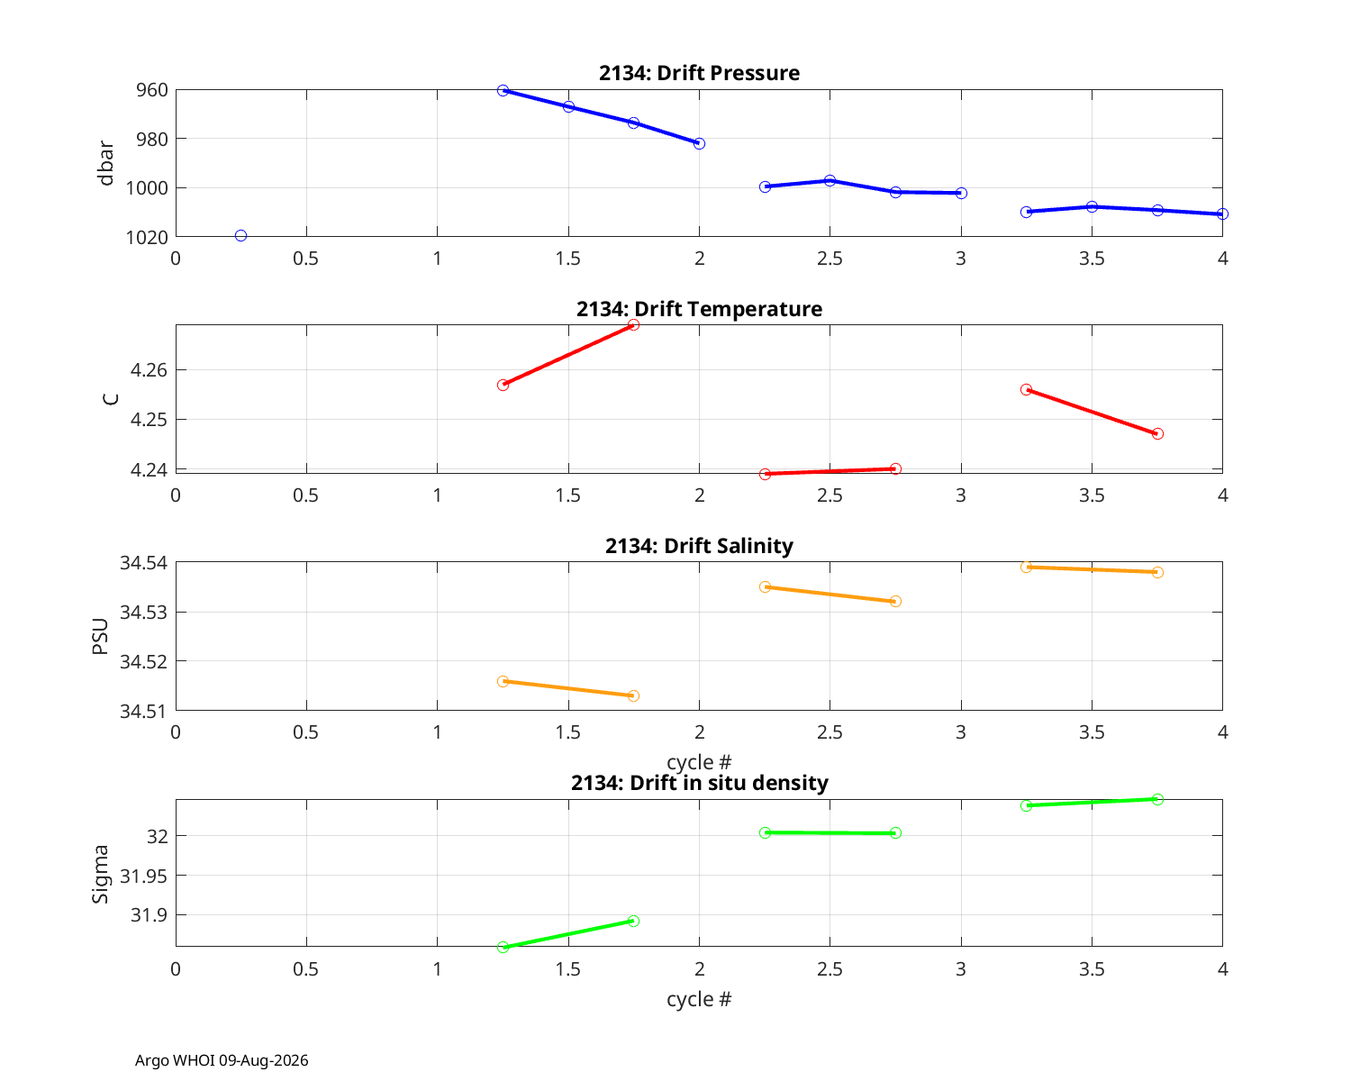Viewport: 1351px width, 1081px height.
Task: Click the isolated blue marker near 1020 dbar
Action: (240, 235)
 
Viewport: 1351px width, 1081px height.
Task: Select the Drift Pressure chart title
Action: (699, 73)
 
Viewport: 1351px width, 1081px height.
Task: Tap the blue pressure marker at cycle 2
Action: (699, 144)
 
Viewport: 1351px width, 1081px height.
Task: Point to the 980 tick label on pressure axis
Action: (152, 139)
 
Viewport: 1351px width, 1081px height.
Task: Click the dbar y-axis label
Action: (105, 163)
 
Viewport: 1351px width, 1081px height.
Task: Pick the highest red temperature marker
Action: (633, 324)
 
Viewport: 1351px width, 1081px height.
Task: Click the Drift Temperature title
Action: (699, 309)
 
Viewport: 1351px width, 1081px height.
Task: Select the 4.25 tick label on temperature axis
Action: (149, 419)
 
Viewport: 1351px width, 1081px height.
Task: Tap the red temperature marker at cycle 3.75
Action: (1157, 433)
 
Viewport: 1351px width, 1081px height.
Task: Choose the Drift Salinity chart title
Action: (699, 546)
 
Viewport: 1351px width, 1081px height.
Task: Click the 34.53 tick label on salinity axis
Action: (144, 612)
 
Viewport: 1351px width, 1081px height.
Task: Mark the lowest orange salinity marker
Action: (633, 695)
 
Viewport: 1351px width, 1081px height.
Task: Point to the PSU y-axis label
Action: (101, 636)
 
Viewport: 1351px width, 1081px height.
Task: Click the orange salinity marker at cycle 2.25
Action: (765, 586)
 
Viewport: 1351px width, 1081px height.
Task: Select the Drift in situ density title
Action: (699, 783)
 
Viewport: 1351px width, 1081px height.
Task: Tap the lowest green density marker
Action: (503, 947)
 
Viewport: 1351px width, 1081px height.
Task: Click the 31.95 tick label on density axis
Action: (144, 876)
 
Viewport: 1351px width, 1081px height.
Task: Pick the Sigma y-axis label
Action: (101, 874)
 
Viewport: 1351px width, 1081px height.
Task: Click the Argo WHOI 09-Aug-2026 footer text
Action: (222, 1060)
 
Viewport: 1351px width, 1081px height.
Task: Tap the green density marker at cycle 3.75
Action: (1157, 799)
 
